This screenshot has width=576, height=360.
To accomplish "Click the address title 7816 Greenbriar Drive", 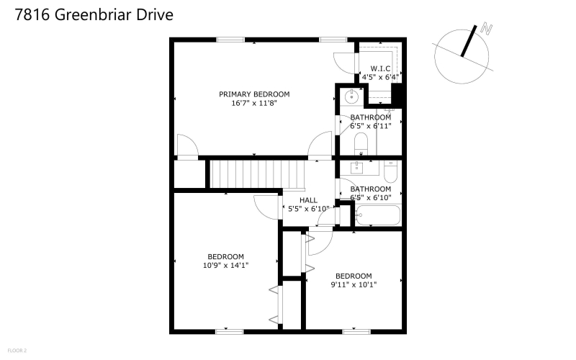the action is [x=94, y=14].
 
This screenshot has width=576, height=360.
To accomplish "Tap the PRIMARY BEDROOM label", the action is [x=254, y=94].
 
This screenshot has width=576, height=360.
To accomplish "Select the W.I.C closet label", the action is [x=380, y=68].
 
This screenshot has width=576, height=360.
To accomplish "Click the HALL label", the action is [x=308, y=200].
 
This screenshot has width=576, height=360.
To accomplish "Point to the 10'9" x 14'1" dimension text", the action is [x=225, y=265].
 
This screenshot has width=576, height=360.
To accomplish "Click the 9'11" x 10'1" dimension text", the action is [x=354, y=284].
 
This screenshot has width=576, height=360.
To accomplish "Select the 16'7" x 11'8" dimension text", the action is [x=254, y=103].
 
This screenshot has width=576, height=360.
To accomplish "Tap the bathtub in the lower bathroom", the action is [x=378, y=215].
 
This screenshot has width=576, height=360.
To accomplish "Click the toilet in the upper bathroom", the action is [x=361, y=143].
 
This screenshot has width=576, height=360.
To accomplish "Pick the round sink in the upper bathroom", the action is [x=351, y=97].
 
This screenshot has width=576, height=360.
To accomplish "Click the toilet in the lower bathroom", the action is [x=390, y=171].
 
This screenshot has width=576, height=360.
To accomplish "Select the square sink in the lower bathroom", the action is [x=356, y=168].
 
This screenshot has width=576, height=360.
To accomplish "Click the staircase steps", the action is [x=258, y=174].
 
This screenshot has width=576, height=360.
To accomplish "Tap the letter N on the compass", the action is [x=487, y=29].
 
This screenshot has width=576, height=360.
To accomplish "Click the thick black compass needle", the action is [x=469, y=41].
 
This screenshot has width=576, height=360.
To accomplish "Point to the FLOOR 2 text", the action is [x=17, y=351].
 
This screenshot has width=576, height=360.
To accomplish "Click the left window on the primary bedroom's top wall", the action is [x=230, y=40].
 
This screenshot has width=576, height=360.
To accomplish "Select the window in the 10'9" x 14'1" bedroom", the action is [x=229, y=332].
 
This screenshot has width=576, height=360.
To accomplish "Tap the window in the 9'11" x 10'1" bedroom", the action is [x=356, y=332].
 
